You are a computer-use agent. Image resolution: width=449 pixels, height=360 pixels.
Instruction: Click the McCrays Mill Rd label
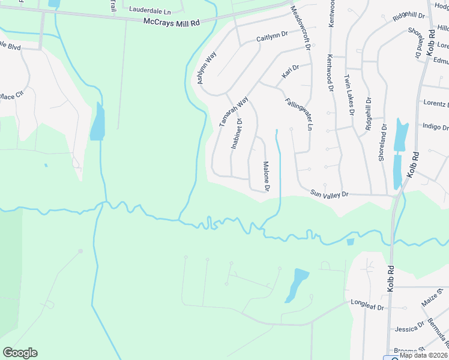pyautogui.click(x=172, y=21)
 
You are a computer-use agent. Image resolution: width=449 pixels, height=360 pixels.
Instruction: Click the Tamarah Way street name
pyautogui.click(x=233, y=111)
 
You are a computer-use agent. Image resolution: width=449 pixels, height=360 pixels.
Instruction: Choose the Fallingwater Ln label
pyautogui.click(x=300, y=114)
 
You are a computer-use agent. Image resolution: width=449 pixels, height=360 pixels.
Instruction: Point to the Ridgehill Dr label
pyautogui.click(x=369, y=114)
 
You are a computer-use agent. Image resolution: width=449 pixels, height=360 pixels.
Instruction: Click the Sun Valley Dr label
pyautogui.click(x=329, y=194)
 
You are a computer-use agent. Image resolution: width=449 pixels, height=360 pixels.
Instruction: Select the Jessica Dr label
pyautogui.click(x=406, y=329)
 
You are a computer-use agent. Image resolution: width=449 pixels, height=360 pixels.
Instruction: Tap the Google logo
pyautogui.click(x=20, y=353)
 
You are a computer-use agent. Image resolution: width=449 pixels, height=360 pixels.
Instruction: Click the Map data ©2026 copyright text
pyautogui.click(x=423, y=355)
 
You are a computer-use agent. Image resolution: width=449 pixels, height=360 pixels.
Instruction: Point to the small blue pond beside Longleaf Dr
pyautogui.click(x=297, y=284)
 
